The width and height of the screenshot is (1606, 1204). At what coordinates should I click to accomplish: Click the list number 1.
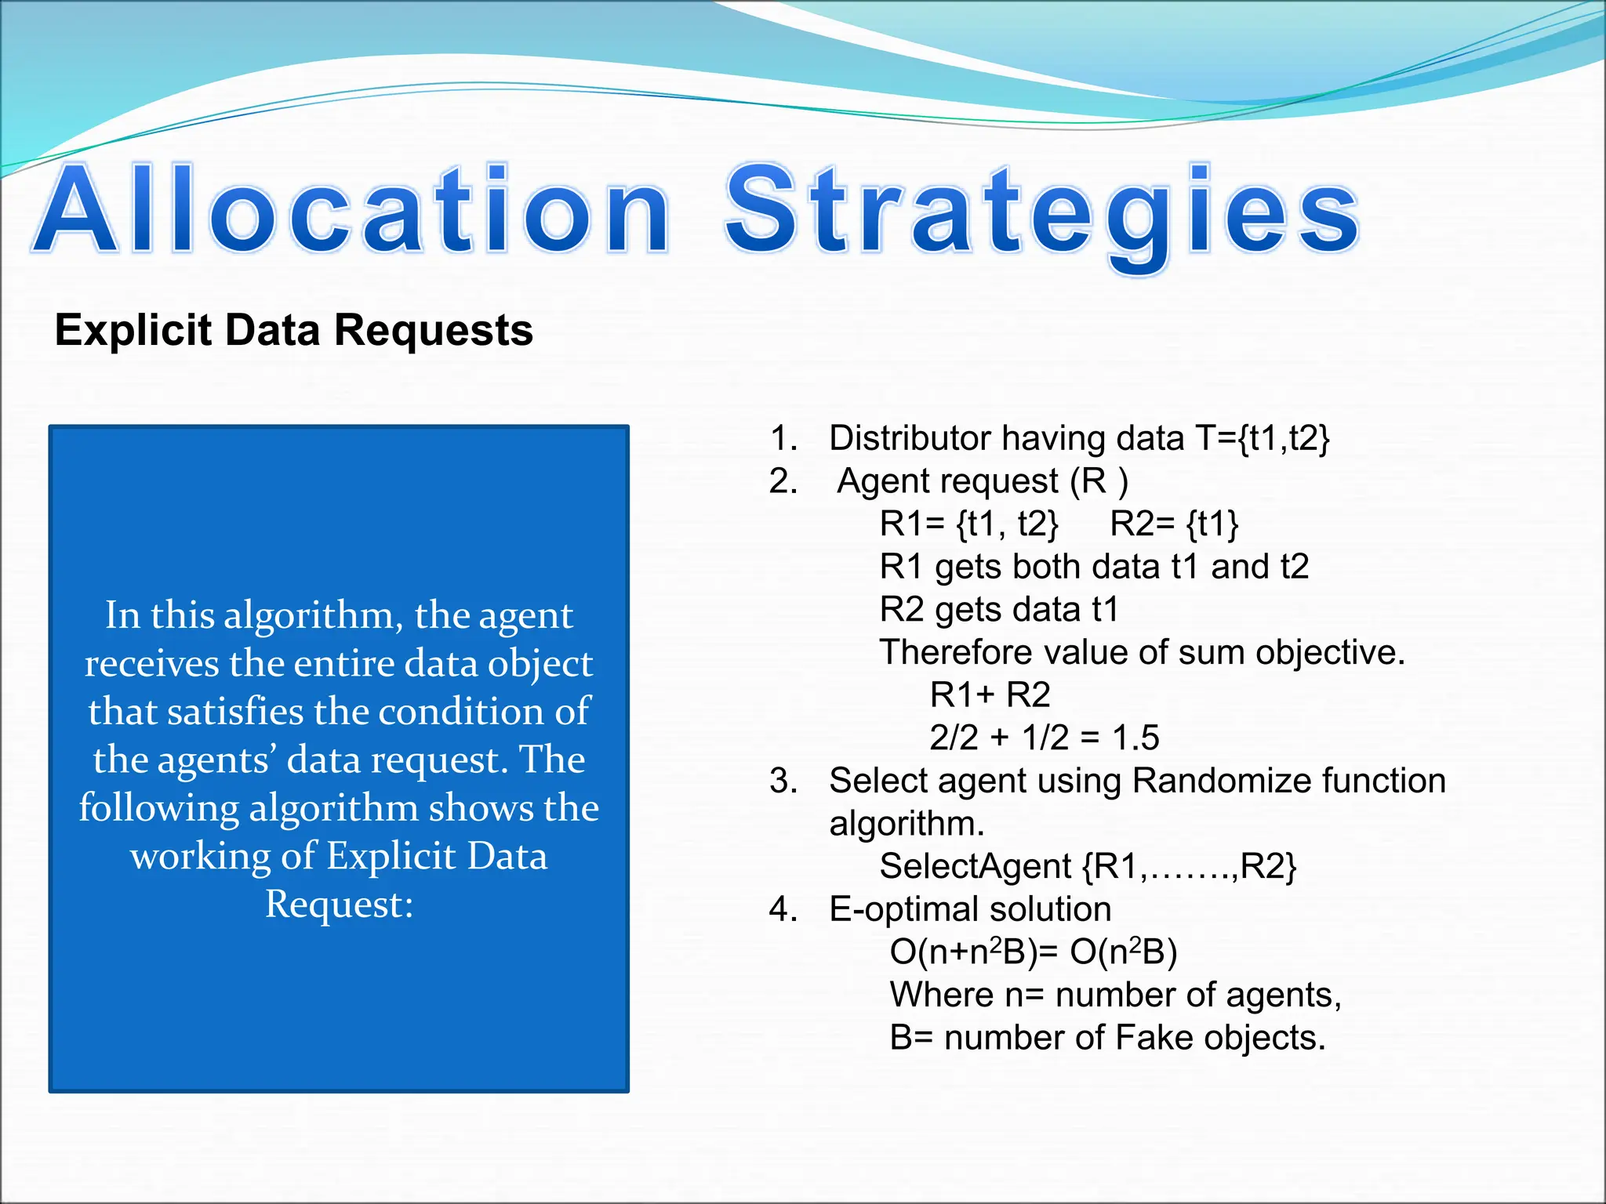tap(782, 438)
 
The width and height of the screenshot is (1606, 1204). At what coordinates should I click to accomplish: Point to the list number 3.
tap(782, 781)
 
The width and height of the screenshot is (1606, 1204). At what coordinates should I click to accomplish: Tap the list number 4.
tap(782, 909)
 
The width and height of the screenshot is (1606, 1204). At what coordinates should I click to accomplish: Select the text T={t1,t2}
tap(1262, 438)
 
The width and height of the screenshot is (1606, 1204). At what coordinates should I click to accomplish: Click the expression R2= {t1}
tap(1174, 524)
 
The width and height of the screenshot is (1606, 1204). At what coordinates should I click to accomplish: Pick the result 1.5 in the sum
tap(1135, 738)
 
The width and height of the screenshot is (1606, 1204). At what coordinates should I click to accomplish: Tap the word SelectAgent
tap(975, 866)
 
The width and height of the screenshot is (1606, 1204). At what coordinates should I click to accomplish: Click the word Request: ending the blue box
tap(339, 905)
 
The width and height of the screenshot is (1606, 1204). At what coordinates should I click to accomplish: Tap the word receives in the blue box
tap(151, 664)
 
